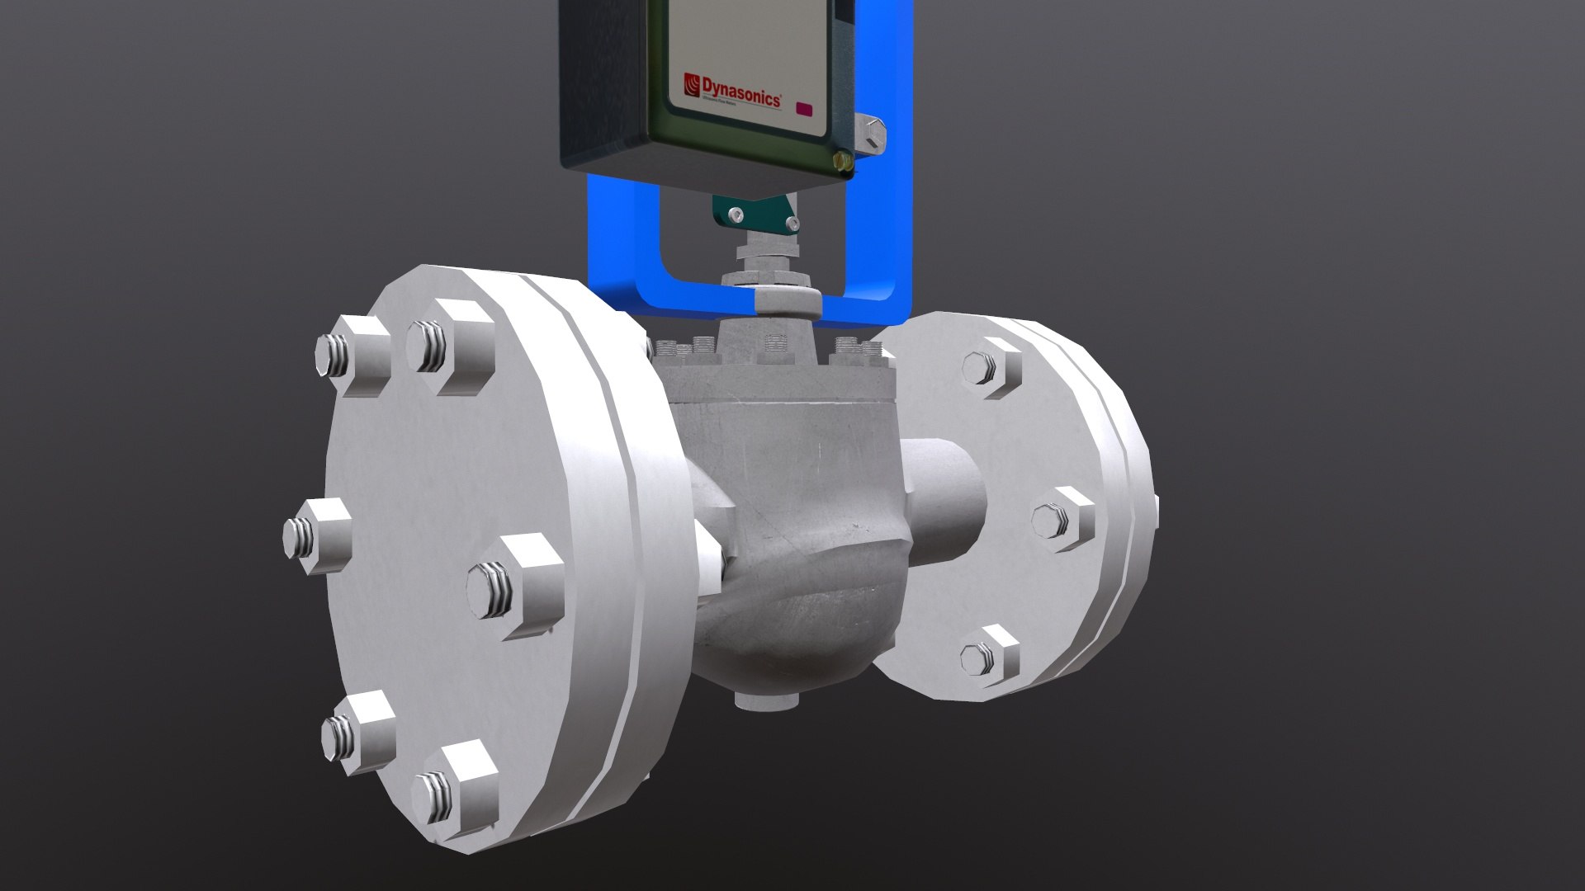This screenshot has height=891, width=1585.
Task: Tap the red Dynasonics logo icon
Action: (692, 83)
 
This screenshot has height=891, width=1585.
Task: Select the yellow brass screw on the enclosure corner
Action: (842, 159)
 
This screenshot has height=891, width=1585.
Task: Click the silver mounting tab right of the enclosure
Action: (871, 133)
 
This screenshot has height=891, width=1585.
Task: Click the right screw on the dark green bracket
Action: (792, 223)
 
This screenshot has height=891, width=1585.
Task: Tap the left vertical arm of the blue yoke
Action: (608, 247)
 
